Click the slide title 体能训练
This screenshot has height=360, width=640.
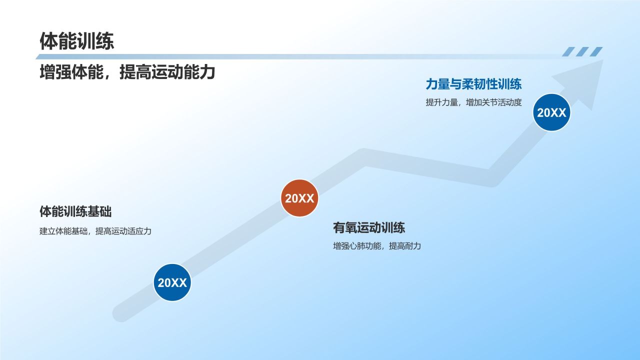pyautogui.click(x=77, y=41)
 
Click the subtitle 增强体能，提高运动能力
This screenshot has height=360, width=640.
pyautogui.click(x=127, y=72)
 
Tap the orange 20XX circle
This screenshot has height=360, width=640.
pyautogui.click(x=299, y=198)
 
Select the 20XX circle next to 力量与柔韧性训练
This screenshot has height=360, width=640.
pyautogui.click(x=551, y=112)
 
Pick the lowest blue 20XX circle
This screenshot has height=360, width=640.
pyautogui.click(x=172, y=282)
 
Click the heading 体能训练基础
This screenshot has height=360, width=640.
pyautogui.click(x=75, y=211)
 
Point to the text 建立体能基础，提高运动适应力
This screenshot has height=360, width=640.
pyautogui.click(x=95, y=231)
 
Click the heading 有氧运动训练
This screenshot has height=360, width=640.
pyautogui.click(x=369, y=228)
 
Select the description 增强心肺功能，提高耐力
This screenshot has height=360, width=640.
pyautogui.click(x=377, y=246)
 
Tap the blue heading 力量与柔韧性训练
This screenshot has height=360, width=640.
pyautogui.click(x=473, y=83)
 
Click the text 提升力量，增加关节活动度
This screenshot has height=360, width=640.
pyautogui.click(x=473, y=102)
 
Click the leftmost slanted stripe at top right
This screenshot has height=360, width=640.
pyautogui.click(x=568, y=51)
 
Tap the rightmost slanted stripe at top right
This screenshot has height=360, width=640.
pyautogui.click(x=596, y=51)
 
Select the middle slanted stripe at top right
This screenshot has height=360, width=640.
pyautogui.click(x=582, y=51)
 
